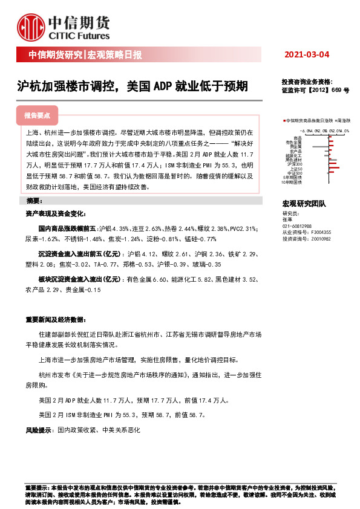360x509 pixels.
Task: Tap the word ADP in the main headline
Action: (x=163, y=86)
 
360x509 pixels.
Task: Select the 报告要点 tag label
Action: (x=37, y=115)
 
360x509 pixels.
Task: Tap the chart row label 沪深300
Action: (x=295, y=164)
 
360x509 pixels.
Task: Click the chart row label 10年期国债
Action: (x=292, y=181)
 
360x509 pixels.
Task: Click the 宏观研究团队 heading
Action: (x=304, y=203)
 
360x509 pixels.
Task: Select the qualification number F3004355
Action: (x=321, y=232)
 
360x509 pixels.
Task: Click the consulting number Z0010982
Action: (x=321, y=238)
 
